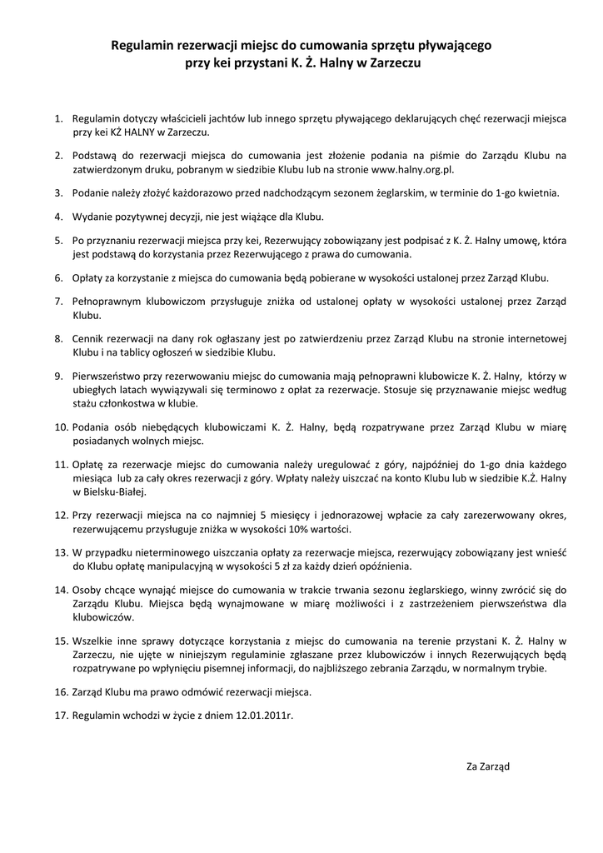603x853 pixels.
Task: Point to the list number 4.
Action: tap(58, 217)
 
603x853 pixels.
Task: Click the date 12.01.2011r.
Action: tap(265, 715)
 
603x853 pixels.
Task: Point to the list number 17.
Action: tap(60, 715)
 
